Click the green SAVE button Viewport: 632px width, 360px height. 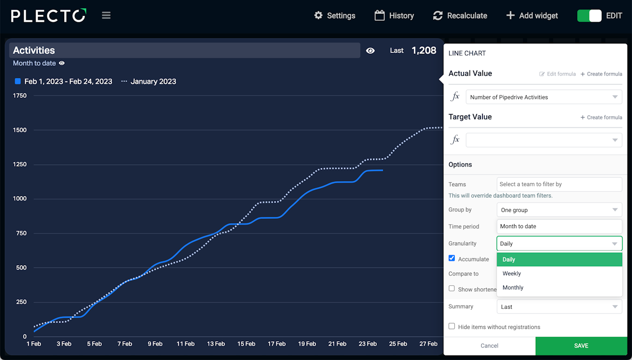581,346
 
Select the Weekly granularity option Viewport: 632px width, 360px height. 512,274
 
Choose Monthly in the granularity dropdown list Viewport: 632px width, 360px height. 513,287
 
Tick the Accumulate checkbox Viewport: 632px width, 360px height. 452,258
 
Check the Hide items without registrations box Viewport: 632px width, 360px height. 452,326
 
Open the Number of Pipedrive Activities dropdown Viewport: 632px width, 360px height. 544,97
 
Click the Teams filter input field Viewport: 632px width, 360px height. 559,184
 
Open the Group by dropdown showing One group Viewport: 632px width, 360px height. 559,210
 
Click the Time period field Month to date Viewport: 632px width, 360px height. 559,226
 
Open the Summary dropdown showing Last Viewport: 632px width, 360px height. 559,307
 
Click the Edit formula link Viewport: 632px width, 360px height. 557,74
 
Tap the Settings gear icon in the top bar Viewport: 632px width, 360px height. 318,15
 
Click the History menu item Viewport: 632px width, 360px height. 394,15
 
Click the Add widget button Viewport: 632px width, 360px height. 532,15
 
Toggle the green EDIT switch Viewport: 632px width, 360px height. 589,15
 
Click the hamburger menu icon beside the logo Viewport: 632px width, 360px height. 106,15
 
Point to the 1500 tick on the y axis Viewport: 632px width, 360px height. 20,130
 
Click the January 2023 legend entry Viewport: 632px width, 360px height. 149,81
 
